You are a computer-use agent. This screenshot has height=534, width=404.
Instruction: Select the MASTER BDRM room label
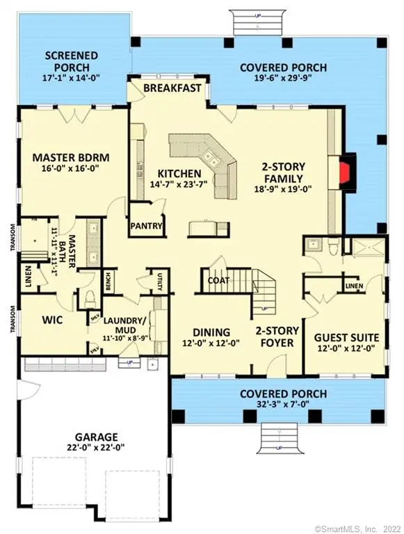pos(72,157)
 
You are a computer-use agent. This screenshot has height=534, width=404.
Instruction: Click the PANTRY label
pos(147,226)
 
